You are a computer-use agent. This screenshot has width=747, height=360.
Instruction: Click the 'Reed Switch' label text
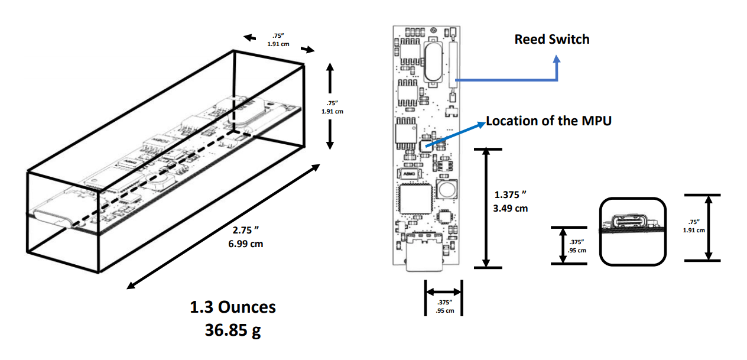pyautogui.click(x=551, y=40)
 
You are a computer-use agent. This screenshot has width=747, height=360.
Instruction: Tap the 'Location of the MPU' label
pyautogui.click(x=548, y=121)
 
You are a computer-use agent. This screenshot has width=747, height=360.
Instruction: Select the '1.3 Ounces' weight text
pyautogui.click(x=232, y=307)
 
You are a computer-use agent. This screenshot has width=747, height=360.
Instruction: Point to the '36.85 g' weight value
pyautogui.click(x=232, y=330)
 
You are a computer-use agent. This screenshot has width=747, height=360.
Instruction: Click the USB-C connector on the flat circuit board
pyautogui.click(x=424, y=252)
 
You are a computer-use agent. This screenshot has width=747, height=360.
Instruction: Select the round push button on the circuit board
pyautogui.click(x=446, y=190)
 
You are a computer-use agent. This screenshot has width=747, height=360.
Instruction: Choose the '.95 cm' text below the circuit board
pyautogui.click(x=444, y=311)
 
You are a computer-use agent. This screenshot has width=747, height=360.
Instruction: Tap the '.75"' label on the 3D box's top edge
pyautogui.click(x=277, y=37)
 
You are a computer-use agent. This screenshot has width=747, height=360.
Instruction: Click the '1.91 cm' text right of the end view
pyautogui.click(x=694, y=231)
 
